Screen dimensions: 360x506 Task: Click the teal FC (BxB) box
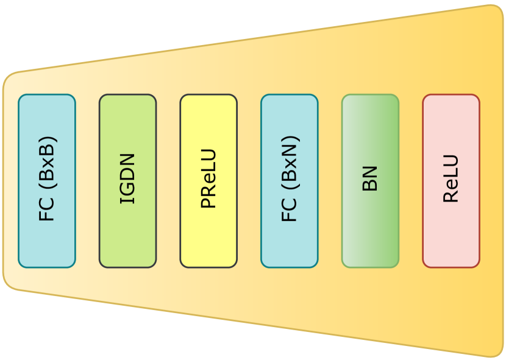tap(47, 181)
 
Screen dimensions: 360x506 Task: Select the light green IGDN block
tap(127, 181)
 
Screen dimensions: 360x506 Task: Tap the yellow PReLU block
tap(208, 181)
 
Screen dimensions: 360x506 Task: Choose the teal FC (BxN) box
tap(289, 181)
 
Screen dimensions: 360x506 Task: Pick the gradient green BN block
tap(370, 181)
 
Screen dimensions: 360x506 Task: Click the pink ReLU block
tap(451, 181)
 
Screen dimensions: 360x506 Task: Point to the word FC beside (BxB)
tap(47, 209)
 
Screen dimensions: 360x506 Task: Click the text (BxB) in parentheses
tap(47, 161)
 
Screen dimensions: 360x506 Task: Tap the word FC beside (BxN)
tap(289, 209)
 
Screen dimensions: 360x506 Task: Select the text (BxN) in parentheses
tap(289, 161)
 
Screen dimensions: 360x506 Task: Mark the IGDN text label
tap(127, 178)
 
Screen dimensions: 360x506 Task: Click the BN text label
tap(370, 178)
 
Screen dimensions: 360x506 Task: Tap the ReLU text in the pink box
tap(451, 178)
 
